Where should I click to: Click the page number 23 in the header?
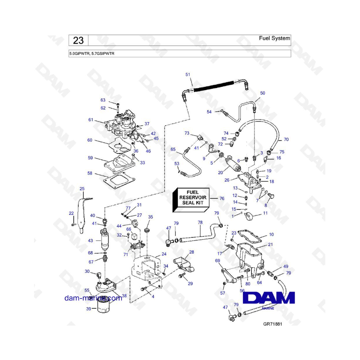[78, 40]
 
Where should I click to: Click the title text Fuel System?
[274, 38]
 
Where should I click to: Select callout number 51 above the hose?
[188, 75]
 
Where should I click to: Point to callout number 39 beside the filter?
[89, 309]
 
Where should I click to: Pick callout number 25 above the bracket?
[82, 188]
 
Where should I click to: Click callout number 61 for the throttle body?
[91, 120]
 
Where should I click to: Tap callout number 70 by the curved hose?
[286, 140]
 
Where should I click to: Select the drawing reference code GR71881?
[273, 325]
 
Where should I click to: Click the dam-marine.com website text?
[93, 298]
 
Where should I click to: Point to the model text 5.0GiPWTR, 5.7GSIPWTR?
[92, 53]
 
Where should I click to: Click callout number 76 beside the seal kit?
[222, 198]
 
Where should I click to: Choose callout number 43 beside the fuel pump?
[90, 240]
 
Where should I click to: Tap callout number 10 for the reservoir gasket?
[271, 234]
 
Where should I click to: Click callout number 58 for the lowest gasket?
[90, 173]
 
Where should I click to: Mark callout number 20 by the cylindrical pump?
[220, 172]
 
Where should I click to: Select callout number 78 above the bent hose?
[200, 222]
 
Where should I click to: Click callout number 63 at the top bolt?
[103, 100]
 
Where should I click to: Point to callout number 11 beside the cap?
[265, 214]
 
